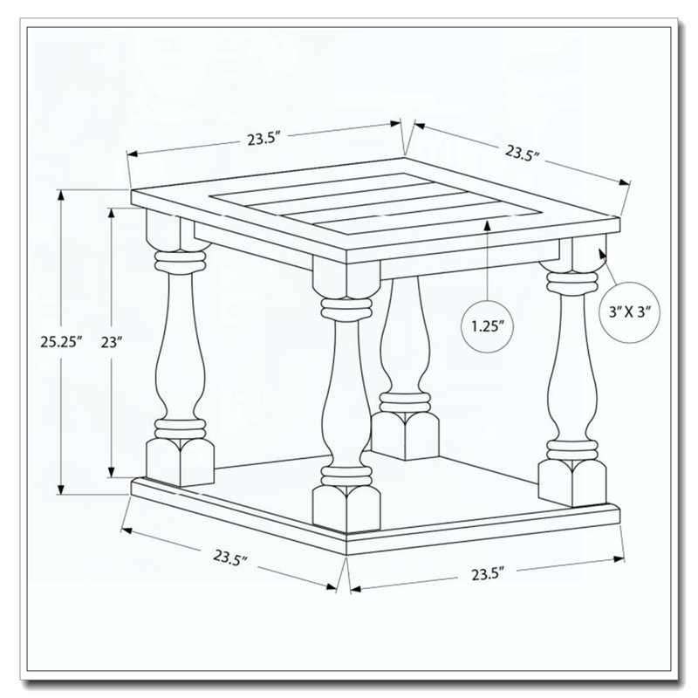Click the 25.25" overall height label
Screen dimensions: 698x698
61,342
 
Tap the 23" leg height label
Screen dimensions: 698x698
112,342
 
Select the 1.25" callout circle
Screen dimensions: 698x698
488,325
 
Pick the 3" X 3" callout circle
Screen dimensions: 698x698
630,312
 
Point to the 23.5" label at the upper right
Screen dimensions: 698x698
523,153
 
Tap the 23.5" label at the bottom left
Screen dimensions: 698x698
230,558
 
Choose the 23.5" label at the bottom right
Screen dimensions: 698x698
488,574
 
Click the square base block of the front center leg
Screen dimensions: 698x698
346,509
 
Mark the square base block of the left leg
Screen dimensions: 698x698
180,462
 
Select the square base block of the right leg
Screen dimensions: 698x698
572,483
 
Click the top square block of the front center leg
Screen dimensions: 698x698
346,275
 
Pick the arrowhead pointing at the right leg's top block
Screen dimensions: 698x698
603,253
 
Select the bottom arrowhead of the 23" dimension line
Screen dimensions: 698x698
112,471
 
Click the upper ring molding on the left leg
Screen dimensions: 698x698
180,261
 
